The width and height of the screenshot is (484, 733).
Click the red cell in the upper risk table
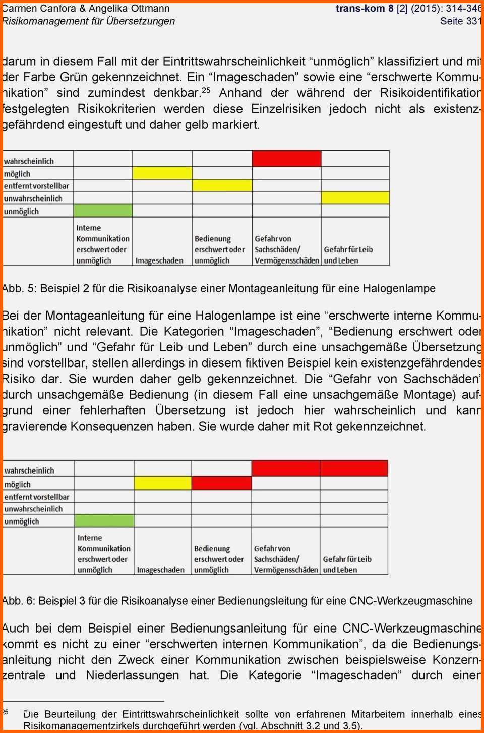(286, 159)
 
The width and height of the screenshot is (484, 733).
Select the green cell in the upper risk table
(103, 211)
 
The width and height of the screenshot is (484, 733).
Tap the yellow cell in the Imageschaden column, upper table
(162, 173)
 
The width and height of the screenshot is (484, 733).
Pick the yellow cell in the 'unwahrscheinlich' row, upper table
(355, 198)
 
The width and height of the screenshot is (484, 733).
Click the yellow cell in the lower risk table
(162, 483)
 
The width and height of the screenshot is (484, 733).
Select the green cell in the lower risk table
(104, 520)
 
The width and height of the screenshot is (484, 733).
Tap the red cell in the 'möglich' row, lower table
(221, 483)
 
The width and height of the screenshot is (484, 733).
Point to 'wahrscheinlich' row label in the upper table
(29, 161)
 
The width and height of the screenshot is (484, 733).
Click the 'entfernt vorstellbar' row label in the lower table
(37, 497)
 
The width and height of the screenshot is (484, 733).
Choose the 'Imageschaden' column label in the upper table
(159, 260)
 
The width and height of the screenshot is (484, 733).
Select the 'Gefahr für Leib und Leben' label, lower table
(347, 564)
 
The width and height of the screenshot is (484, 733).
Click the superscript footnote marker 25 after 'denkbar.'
(206, 90)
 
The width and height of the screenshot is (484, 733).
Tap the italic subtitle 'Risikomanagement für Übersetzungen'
(89, 21)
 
